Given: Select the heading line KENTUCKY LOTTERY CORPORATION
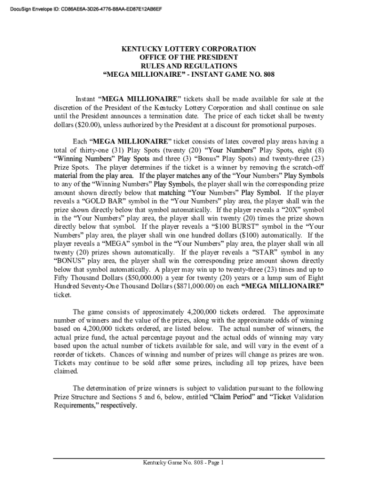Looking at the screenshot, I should coord(189,49).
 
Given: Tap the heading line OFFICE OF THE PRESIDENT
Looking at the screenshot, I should coord(189,58).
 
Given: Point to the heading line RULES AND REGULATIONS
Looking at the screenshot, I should coord(189,66).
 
